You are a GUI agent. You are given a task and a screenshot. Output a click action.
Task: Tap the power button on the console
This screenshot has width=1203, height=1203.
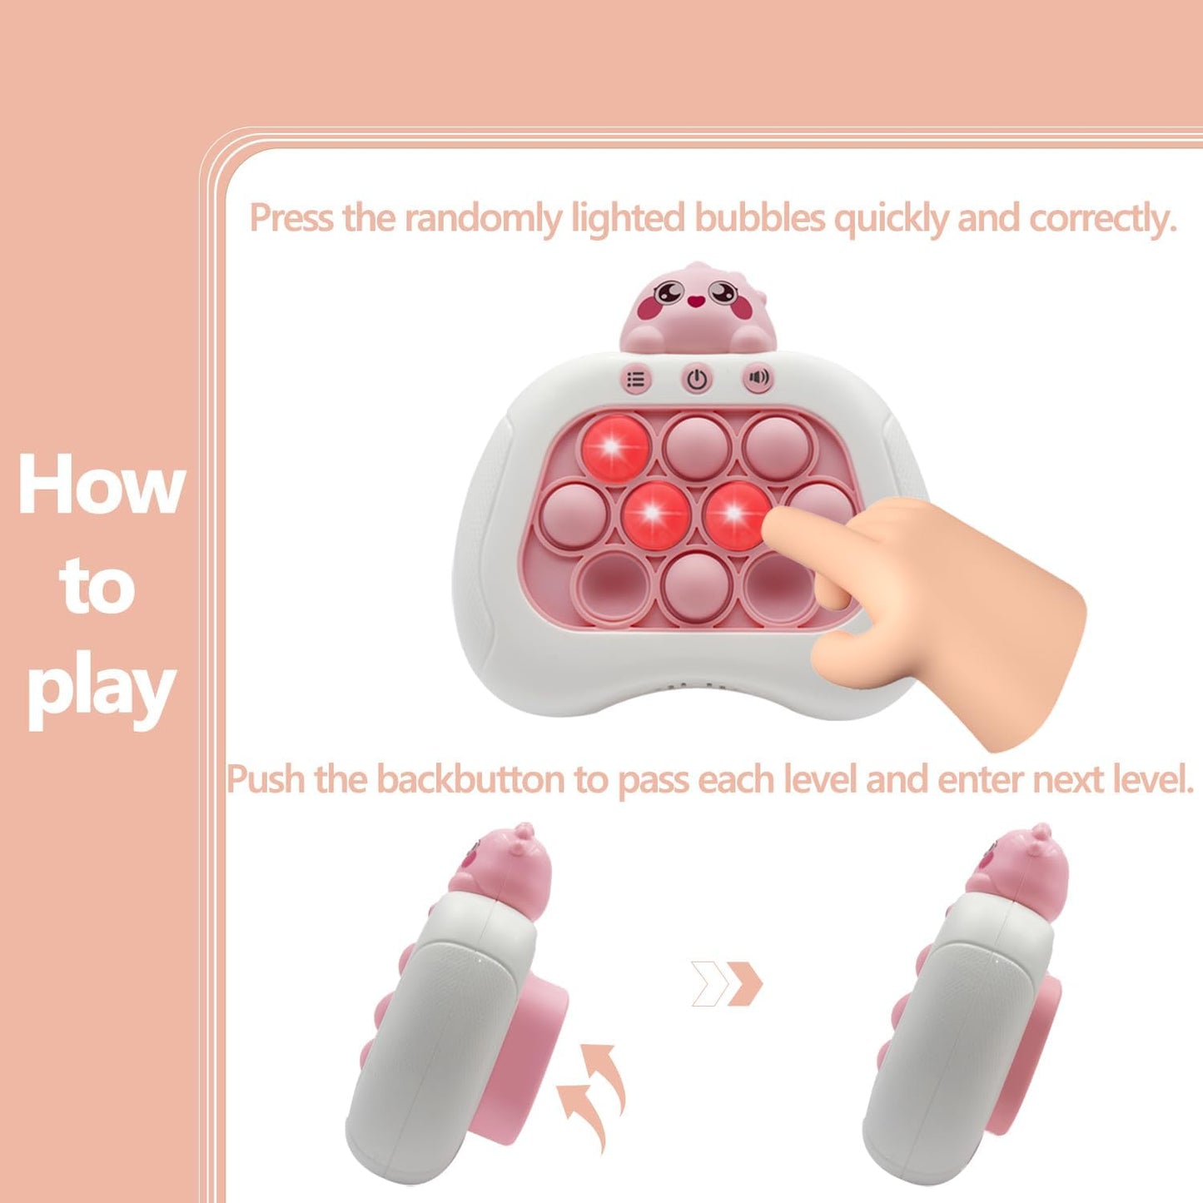click(697, 380)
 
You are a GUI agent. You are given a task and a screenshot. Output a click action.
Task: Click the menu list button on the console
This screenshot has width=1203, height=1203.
click(636, 380)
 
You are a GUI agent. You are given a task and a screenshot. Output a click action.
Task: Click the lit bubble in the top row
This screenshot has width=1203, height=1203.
click(615, 448)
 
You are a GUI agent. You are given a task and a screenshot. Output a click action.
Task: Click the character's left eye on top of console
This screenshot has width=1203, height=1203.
click(669, 292)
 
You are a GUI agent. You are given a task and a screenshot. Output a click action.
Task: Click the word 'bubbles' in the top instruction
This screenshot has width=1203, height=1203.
click(759, 219)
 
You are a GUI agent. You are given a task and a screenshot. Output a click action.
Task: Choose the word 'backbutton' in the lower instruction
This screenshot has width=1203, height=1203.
click(471, 780)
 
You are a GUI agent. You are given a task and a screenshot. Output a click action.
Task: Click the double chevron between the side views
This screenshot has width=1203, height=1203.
click(727, 983)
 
